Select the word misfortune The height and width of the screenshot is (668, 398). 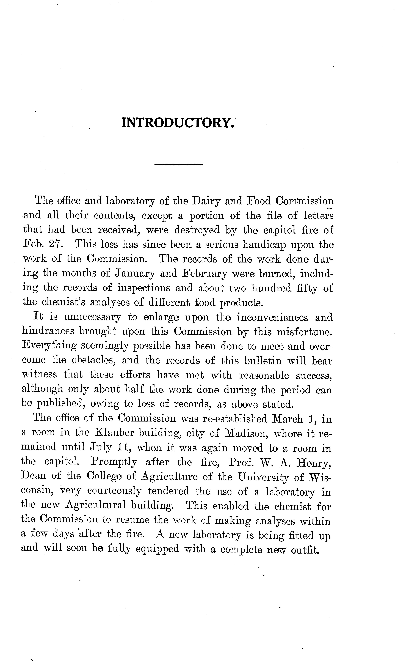[304, 332]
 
